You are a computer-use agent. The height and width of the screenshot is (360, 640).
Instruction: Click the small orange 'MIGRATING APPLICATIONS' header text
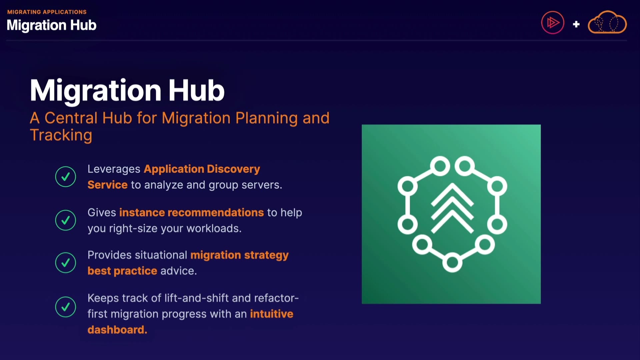47,12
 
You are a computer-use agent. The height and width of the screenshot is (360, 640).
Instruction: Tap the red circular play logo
553,23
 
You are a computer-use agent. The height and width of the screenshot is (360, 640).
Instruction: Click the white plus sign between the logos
576,24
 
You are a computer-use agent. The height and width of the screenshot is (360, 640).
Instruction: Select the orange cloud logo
607,22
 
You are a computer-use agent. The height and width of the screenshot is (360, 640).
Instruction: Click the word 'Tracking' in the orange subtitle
61,135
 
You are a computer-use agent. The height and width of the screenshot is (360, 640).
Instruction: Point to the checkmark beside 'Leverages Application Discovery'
66,177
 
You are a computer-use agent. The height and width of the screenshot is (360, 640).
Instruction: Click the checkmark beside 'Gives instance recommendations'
66,220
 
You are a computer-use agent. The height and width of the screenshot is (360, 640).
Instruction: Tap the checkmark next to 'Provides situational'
66,263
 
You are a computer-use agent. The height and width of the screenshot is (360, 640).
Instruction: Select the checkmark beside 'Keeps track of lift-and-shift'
66,307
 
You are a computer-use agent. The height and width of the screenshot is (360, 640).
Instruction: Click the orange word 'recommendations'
216,213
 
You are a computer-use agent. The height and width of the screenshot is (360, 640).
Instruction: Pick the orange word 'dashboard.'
117,330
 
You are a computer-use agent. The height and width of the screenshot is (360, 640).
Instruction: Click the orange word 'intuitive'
272,314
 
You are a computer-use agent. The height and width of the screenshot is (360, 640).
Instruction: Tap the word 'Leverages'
114,169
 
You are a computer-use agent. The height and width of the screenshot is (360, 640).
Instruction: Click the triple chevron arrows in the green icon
452,208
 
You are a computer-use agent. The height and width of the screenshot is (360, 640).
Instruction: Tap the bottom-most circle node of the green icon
452,262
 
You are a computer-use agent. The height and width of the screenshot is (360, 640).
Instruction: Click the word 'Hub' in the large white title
196,90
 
